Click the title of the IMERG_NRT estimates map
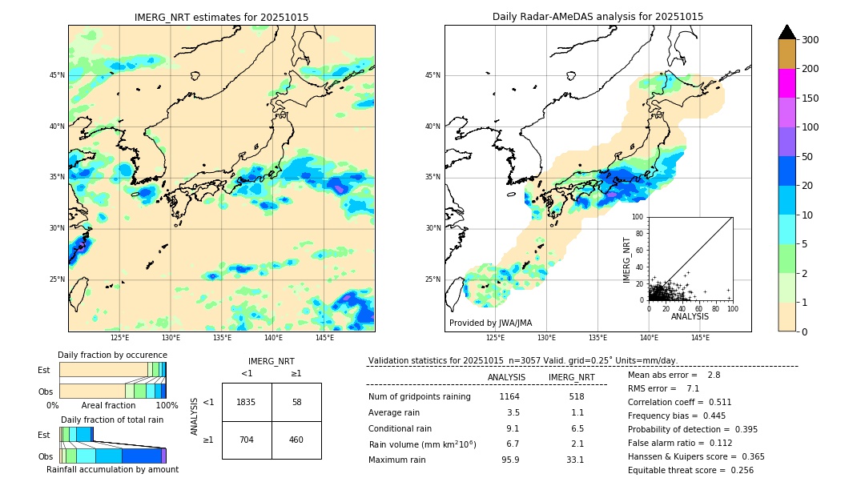click(x=221, y=17)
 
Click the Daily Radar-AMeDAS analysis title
click(x=597, y=17)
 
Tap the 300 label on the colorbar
click(x=811, y=40)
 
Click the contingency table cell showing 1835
click(x=247, y=402)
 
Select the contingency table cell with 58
click(x=296, y=402)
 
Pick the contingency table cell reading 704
click(x=247, y=440)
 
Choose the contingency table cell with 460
click(x=296, y=440)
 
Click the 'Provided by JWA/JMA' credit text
click(x=490, y=323)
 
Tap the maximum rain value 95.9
click(x=510, y=460)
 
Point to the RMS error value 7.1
click(x=693, y=388)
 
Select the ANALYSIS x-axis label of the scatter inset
click(x=690, y=316)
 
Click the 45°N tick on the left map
click(x=57, y=75)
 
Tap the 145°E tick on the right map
click(x=700, y=339)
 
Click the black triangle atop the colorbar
click(x=787, y=32)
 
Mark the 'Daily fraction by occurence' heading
click(x=112, y=355)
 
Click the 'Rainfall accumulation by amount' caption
click(x=112, y=470)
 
